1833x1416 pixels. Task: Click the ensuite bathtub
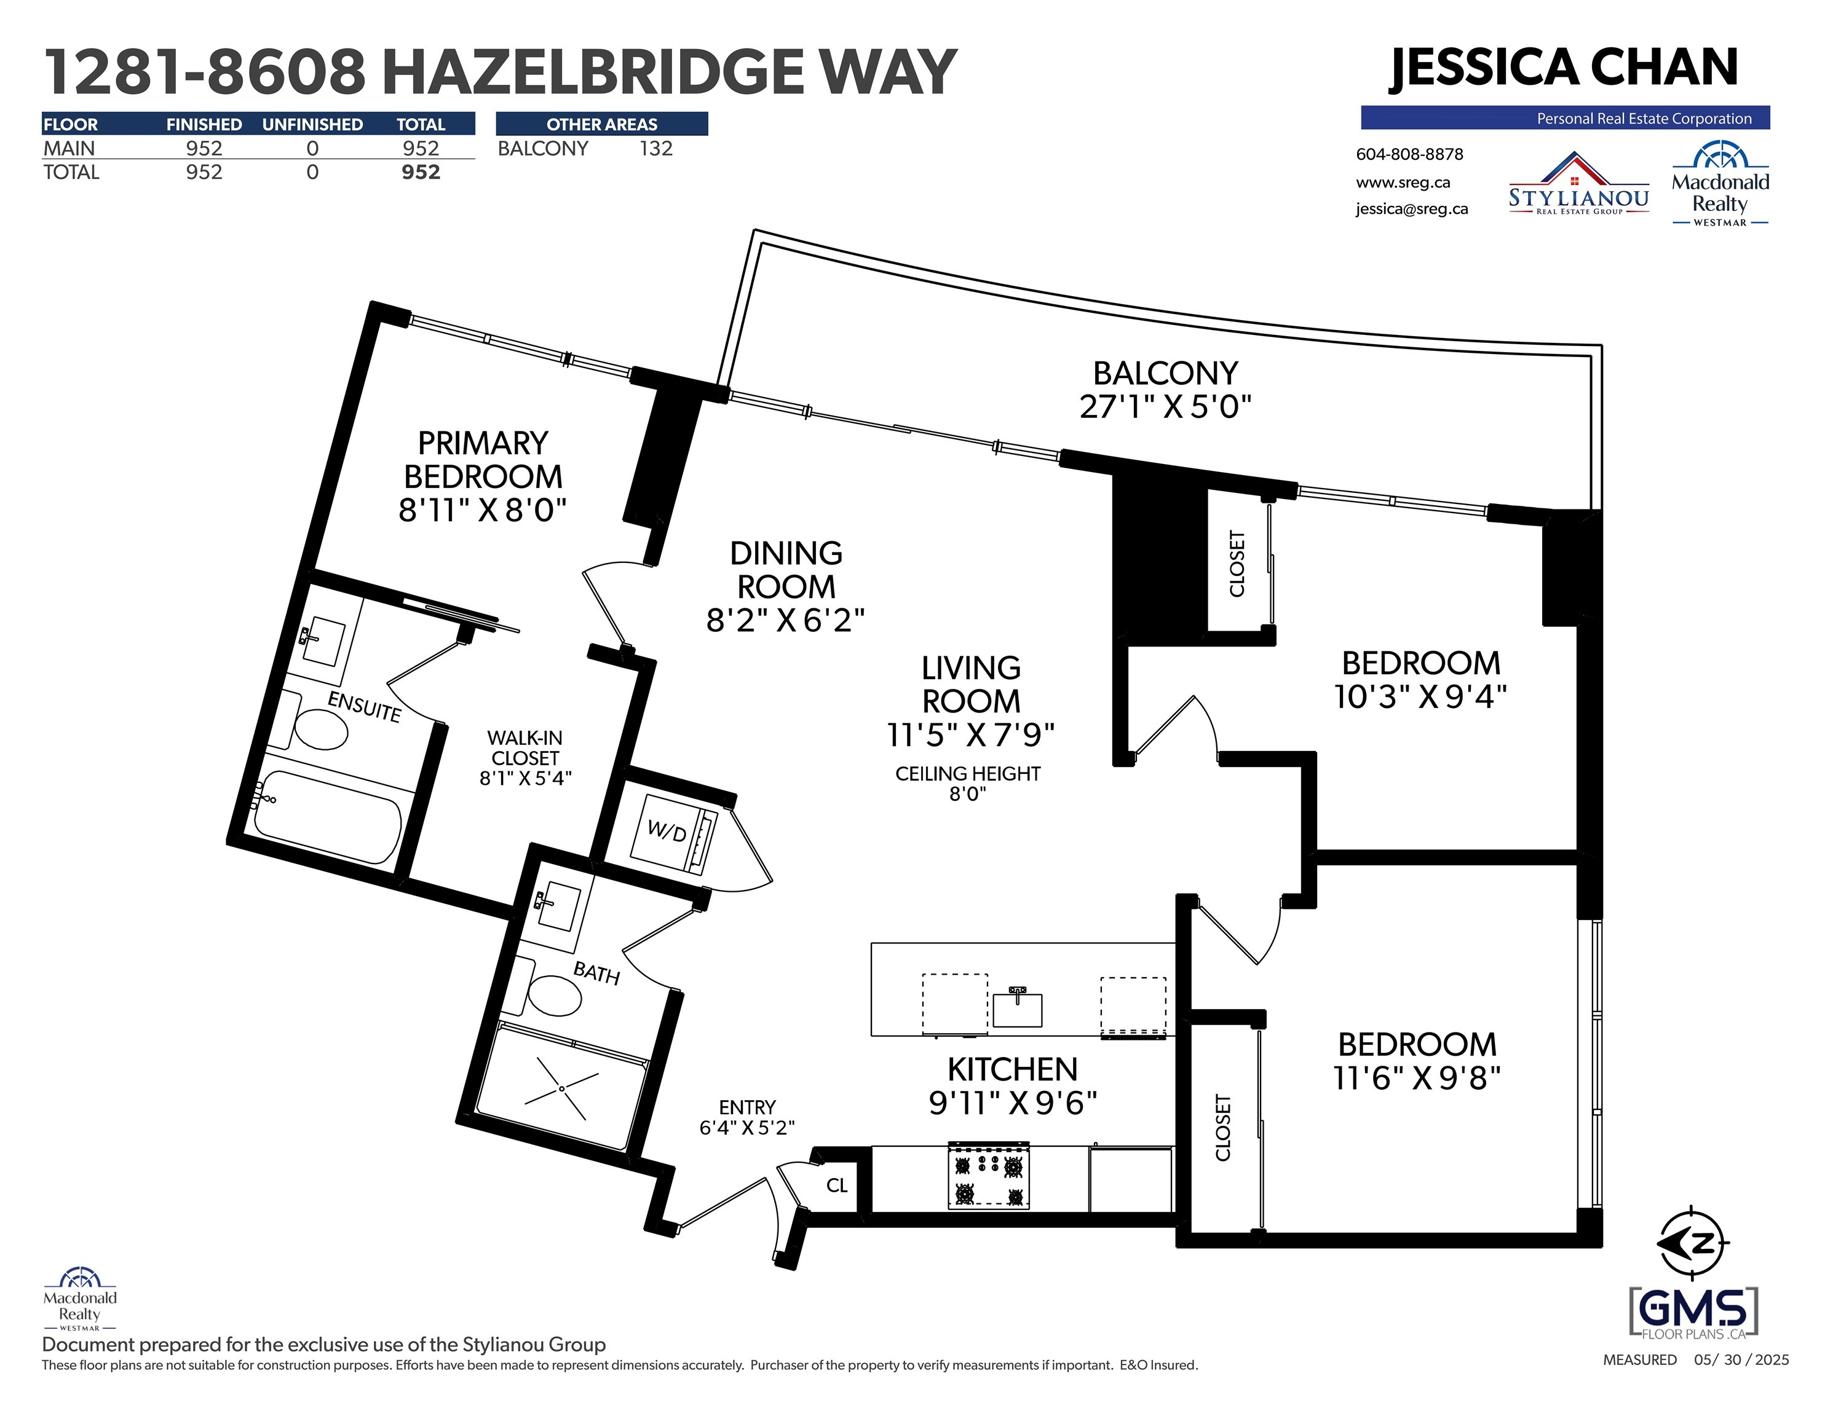point(327,816)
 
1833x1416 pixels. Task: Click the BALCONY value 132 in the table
point(655,149)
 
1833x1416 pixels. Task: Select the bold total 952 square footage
point(421,172)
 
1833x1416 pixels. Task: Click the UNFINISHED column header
point(312,124)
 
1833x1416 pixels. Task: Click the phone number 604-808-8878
point(1409,154)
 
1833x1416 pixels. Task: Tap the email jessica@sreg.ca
point(1412,209)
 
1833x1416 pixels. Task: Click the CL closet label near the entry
point(837,1186)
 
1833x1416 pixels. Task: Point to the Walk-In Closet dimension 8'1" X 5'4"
point(525,777)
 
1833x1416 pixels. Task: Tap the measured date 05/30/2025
point(1741,1360)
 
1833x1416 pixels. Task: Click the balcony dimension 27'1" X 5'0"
point(1165,407)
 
